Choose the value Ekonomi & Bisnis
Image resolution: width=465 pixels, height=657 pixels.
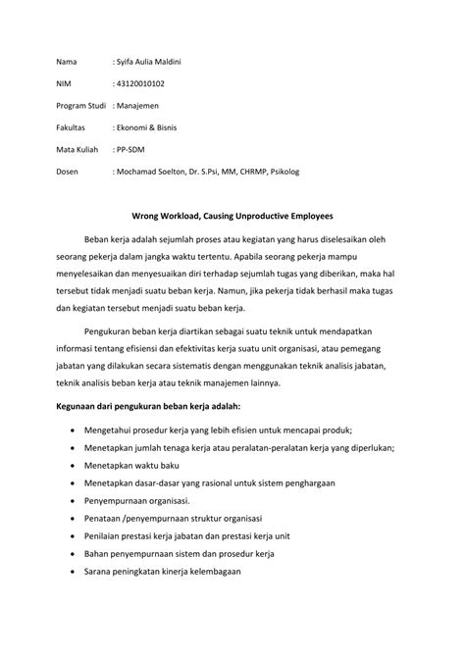tap(153, 127)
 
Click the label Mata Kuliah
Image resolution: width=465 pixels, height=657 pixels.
tap(77, 150)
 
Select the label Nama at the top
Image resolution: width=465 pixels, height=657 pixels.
tap(67, 62)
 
